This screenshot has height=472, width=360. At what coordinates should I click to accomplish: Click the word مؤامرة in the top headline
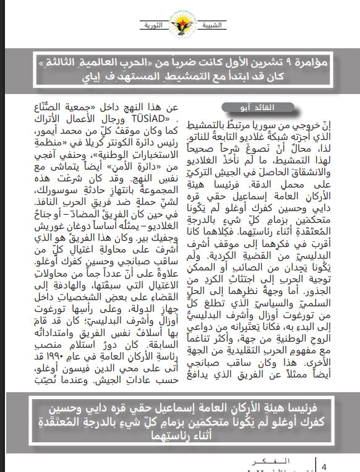[313, 62]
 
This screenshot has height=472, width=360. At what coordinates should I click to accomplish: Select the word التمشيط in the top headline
[214, 77]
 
